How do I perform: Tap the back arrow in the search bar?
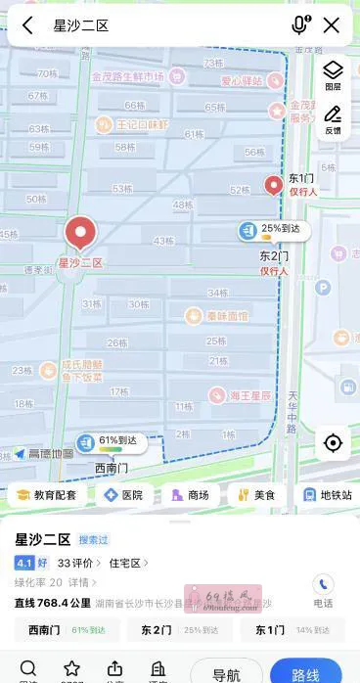[27, 25]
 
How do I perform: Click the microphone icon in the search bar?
[299, 25]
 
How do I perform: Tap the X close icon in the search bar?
[332, 25]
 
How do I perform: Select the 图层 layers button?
[333, 74]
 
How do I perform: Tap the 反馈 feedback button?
[333, 119]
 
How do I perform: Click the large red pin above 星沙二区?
[80, 234]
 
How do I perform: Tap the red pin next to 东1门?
[275, 184]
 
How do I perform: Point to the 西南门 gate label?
[111, 468]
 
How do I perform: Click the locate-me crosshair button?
[333, 443]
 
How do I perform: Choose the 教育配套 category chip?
[46, 495]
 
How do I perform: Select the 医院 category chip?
[123, 495]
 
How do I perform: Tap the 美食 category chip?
[255, 495]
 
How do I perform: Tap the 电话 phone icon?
[323, 589]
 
